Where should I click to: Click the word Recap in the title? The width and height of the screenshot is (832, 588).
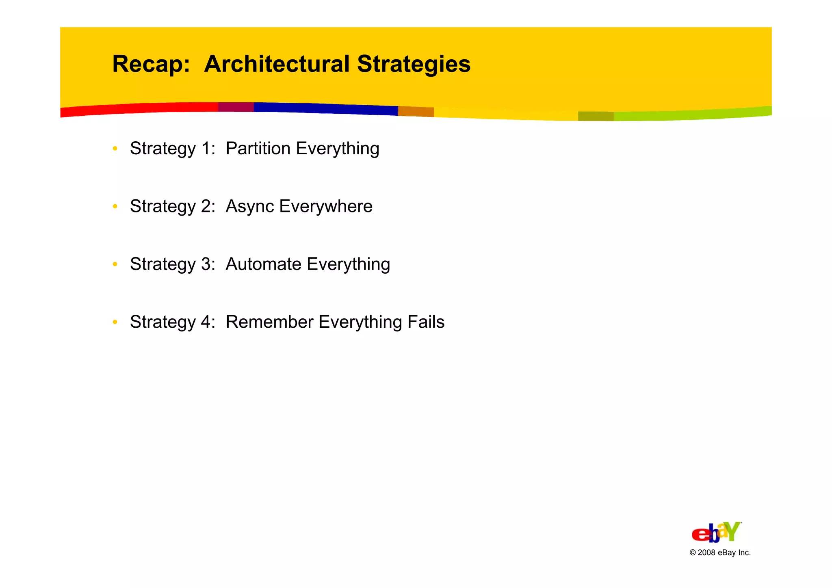click(150, 64)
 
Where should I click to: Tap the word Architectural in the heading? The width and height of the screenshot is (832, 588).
click(276, 64)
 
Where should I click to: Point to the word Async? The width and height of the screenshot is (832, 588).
click(250, 206)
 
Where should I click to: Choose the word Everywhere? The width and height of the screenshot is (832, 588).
click(326, 206)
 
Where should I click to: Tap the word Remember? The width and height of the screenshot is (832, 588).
click(269, 322)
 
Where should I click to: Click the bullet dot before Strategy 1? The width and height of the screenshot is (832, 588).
click(115, 149)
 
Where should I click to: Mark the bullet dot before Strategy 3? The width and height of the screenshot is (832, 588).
click(115, 264)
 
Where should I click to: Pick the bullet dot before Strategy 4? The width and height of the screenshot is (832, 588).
click(115, 322)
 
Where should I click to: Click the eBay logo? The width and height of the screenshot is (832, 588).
click(717, 532)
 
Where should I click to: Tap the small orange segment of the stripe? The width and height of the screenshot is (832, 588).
click(416, 111)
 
